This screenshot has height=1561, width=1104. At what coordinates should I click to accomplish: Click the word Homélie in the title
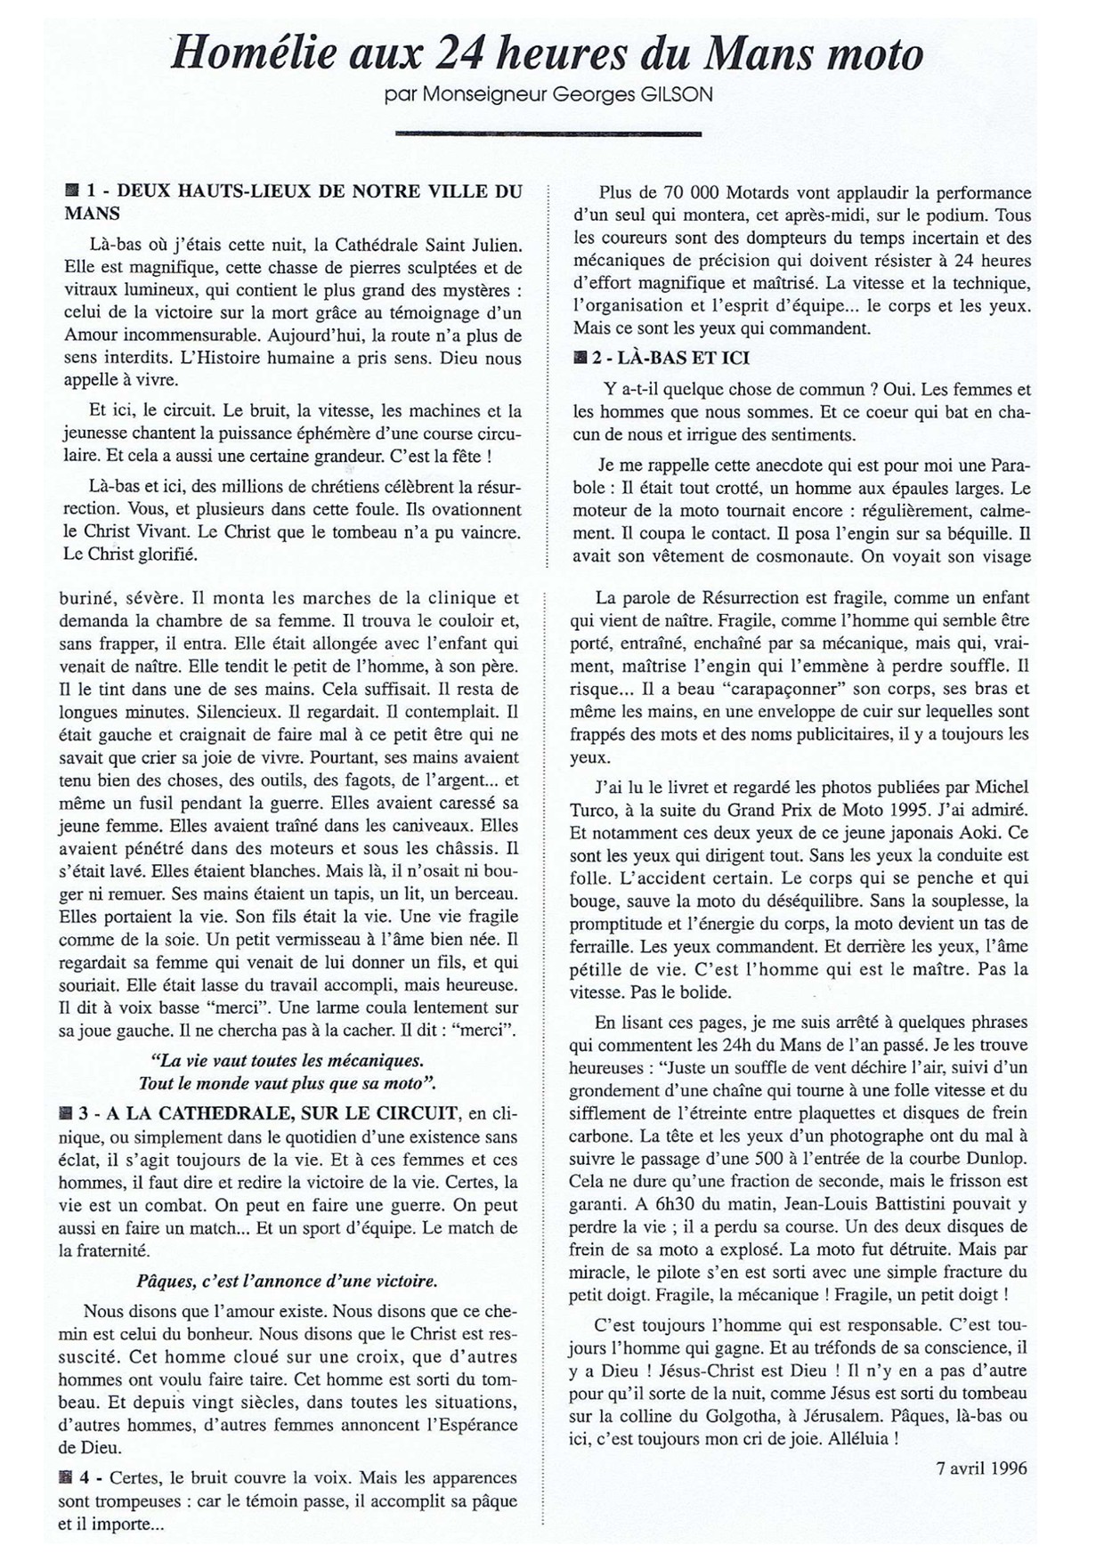[253, 56]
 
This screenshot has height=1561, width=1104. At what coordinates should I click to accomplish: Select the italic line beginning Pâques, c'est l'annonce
[288, 1282]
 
